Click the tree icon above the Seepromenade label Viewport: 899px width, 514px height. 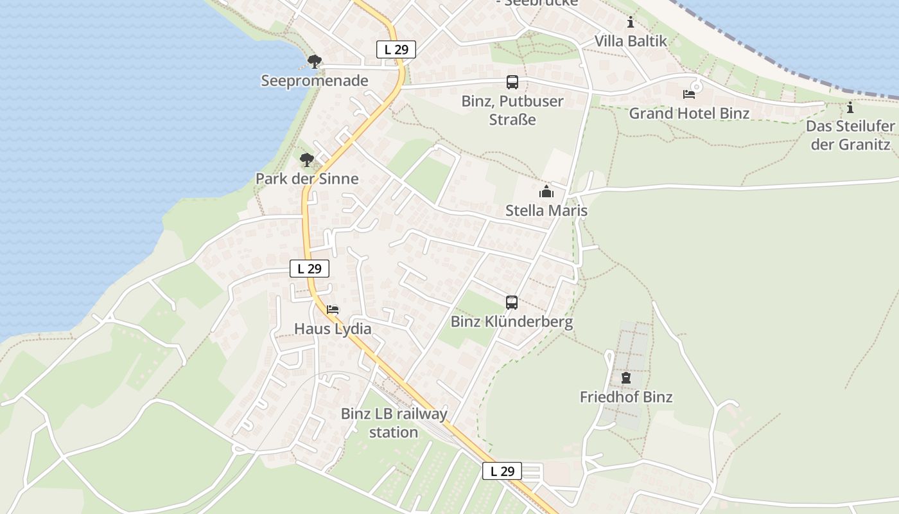click(314, 62)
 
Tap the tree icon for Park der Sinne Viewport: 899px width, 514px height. click(307, 159)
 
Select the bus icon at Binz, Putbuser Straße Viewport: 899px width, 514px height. click(512, 82)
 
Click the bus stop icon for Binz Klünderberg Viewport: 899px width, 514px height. click(512, 302)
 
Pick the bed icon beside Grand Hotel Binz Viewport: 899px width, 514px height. click(689, 94)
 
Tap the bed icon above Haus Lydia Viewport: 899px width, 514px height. click(333, 309)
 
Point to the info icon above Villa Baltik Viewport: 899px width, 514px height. click(631, 22)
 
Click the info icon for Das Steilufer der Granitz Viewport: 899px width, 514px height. click(850, 107)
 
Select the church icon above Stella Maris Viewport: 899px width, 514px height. click(546, 191)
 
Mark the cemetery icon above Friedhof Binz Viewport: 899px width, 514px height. click(626, 378)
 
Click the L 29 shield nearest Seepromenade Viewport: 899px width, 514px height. click(396, 49)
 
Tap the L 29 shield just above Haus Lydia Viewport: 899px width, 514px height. click(310, 269)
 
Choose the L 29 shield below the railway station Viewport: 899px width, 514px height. click(502, 471)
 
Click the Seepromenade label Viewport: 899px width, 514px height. click(315, 81)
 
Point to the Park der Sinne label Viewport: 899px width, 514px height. click(307, 179)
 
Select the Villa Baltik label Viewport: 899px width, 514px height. click(631, 41)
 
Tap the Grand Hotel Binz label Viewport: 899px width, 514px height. click(689, 114)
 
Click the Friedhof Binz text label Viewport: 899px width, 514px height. click(626, 397)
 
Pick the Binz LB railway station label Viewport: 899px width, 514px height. click(394, 423)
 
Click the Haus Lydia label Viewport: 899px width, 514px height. click(333, 329)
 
